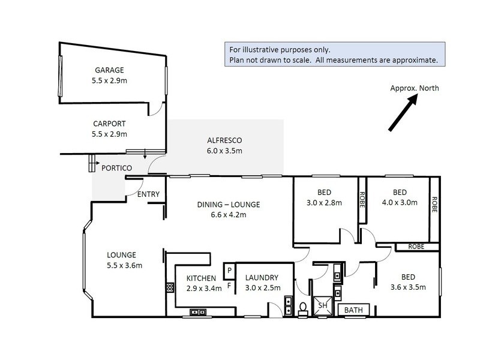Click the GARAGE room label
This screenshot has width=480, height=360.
(109, 70)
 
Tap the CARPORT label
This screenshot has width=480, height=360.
(109, 124)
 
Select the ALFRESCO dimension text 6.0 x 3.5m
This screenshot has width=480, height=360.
(224, 151)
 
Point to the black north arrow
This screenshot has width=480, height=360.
(403, 112)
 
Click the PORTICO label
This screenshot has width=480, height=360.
(116, 168)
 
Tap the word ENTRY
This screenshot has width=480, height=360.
(148, 194)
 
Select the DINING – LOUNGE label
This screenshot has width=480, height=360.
(229, 205)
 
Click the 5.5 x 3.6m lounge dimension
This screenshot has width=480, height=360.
(124, 265)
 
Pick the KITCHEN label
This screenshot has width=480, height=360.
(201, 278)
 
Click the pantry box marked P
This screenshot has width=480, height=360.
(229, 271)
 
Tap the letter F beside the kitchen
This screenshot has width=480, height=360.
(229, 286)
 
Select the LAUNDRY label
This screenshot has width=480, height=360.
(262, 278)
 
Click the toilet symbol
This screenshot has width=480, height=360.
(303, 308)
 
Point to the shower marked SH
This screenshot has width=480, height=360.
(322, 305)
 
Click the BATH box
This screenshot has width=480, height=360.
(353, 310)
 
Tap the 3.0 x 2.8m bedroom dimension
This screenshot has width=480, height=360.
(324, 203)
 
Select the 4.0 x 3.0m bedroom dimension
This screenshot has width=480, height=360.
(400, 202)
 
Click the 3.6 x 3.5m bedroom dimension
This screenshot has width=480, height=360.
(408, 287)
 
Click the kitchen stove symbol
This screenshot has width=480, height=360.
(170, 287)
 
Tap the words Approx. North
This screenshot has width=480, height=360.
(415, 88)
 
